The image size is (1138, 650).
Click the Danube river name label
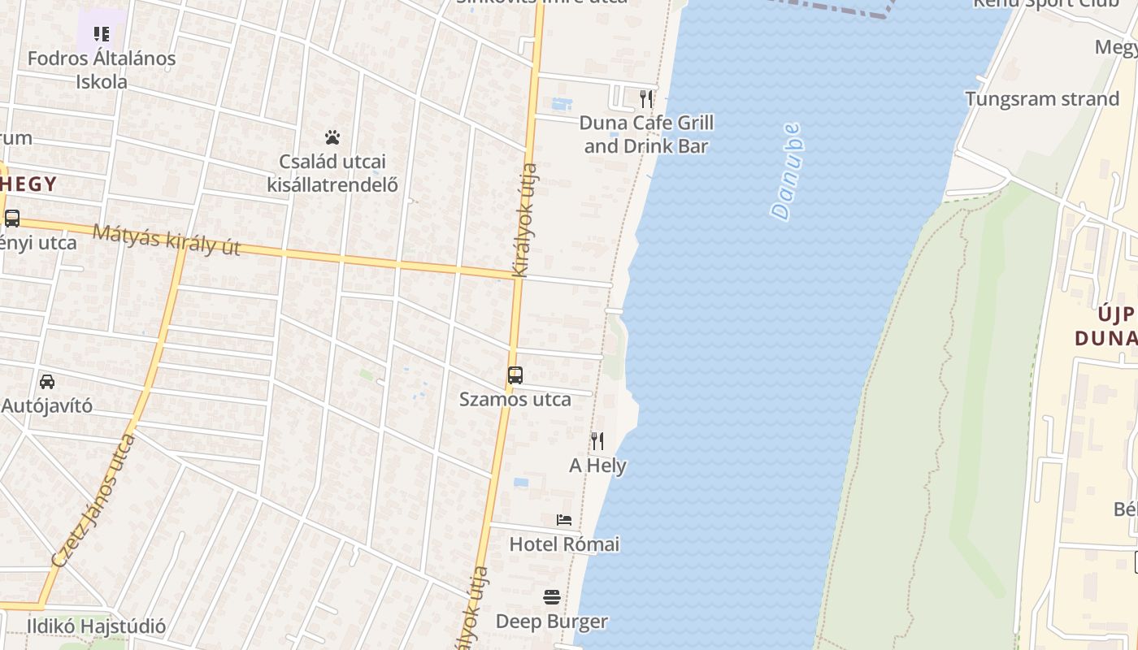click(786, 171)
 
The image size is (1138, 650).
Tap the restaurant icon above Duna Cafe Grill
click(646, 99)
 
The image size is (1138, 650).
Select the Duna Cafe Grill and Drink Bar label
click(646, 135)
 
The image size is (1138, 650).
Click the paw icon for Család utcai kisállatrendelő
click(332, 137)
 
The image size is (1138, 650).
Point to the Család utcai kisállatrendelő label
click(332, 173)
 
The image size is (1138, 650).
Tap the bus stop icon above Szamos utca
click(515, 375)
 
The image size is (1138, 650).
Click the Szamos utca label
click(515, 400)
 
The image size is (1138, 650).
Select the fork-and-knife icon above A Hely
click(597, 441)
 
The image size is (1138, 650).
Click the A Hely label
click(597, 466)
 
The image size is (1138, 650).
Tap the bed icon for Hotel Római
click(564, 520)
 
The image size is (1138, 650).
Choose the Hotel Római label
click(564, 544)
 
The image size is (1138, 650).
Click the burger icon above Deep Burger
click(552, 598)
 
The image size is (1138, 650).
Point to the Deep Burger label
click(552, 622)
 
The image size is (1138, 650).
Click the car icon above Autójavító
click(47, 381)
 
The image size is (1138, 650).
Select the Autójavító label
click(47, 405)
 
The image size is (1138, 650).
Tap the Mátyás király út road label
click(167, 240)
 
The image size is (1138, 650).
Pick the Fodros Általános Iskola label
click(102, 70)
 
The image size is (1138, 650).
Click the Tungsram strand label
click(1042, 99)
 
